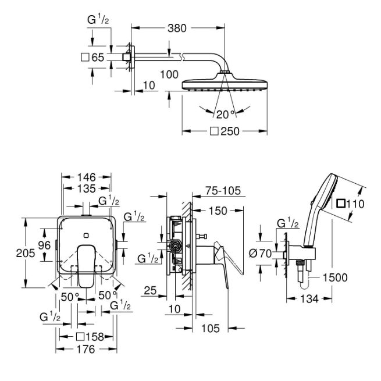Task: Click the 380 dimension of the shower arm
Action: (x=177, y=28)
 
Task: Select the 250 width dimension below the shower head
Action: (x=225, y=131)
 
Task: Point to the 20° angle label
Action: (x=226, y=115)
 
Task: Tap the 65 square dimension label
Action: (x=92, y=58)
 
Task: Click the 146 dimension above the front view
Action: (x=87, y=177)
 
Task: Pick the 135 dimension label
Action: (x=87, y=188)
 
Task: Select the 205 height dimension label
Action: (x=26, y=253)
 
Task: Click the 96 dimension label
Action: (x=44, y=245)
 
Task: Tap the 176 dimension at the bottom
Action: (x=86, y=350)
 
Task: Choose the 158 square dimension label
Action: (x=90, y=337)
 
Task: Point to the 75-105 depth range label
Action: (x=223, y=191)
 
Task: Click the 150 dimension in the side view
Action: (x=218, y=211)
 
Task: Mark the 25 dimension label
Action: (x=151, y=291)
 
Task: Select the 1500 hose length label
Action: (x=335, y=277)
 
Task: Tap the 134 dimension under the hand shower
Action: (x=309, y=299)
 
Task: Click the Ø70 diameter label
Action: (x=261, y=254)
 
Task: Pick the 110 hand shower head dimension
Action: (x=350, y=204)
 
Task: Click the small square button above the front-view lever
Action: (x=86, y=235)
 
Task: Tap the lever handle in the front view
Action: (x=87, y=266)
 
